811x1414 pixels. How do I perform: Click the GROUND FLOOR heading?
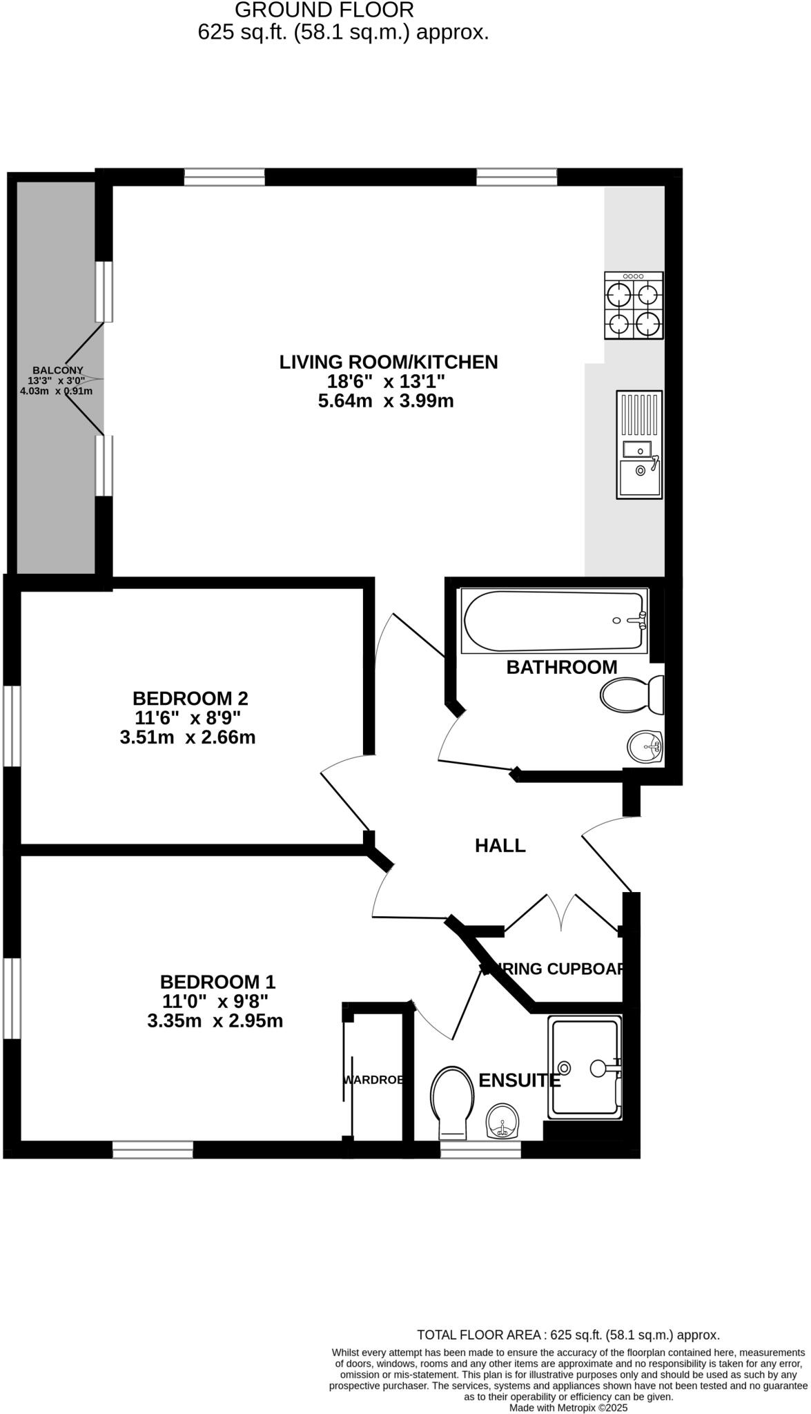(x=324, y=10)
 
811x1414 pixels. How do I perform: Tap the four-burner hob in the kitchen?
(x=634, y=305)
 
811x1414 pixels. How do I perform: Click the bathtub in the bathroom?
(x=554, y=621)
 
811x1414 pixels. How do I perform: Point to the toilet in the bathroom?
(x=632, y=695)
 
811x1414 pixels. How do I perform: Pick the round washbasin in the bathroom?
(x=645, y=746)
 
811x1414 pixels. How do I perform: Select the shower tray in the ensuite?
(x=585, y=1067)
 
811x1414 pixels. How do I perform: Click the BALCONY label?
(x=58, y=370)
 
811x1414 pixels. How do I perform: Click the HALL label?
(x=500, y=845)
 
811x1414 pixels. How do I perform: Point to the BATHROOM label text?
(x=561, y=667)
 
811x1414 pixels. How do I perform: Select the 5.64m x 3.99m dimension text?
(x=386, y=400)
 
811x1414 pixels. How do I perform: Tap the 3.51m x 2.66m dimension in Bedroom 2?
(x=188, y=737)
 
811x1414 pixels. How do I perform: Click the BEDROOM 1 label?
(x=217, y=981)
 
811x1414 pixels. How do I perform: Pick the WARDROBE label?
(x=373, y=1080)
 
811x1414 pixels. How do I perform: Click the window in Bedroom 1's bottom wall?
(x=153, y=1149)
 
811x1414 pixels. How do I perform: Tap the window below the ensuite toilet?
(x=480, y=1149)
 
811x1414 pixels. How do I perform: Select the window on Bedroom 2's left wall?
(x=12, y=726)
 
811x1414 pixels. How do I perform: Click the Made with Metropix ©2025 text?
(x=568, y=1407)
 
